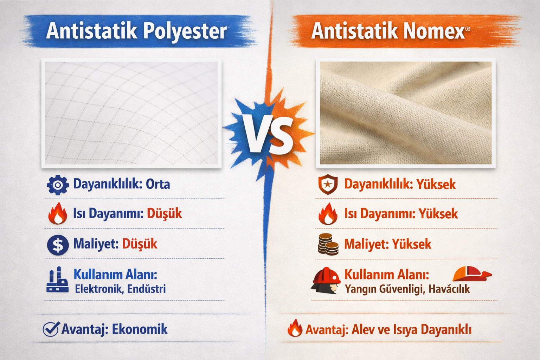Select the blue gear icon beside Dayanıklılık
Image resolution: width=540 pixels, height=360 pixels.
(x=58, y=185)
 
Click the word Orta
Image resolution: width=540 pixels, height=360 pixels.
(x=158, y=184)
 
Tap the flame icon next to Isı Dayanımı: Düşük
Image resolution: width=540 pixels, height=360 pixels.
(x=58, y=214)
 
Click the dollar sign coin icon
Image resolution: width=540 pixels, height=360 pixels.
(x=58, y=245)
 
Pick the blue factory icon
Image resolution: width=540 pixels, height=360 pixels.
(x=57, y=280)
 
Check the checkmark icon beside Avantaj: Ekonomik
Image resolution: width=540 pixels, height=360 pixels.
(x=51, y=329)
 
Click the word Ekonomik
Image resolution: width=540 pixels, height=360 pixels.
(x=140, y=329)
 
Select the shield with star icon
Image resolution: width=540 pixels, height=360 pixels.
(x=328, y=185)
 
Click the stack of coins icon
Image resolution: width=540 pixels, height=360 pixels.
(x=328, y=244)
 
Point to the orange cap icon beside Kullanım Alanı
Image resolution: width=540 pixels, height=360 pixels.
(x=471, y=273)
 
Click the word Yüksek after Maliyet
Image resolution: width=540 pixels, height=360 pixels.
(x=411, y=244)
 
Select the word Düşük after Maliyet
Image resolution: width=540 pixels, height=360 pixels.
(x=140, y=244)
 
